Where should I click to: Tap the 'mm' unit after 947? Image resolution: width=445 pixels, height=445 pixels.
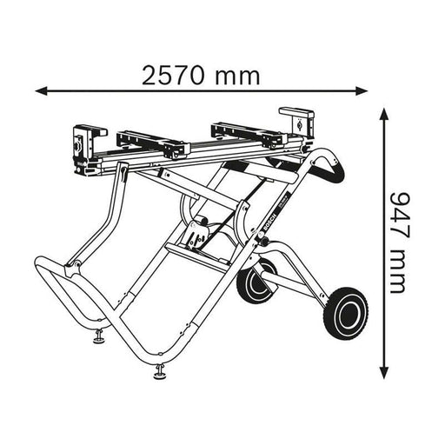coord(399,271)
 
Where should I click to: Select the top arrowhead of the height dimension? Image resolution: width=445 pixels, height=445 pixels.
coord(383,112)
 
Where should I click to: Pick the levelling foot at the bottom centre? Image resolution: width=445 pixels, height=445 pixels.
coord(161,375)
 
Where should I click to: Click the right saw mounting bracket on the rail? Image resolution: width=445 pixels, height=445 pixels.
coord(239,130)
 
